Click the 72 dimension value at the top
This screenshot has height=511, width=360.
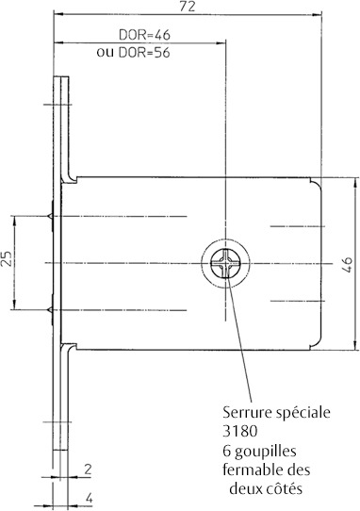point(188,7)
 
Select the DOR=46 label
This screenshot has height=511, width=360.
point(144,35)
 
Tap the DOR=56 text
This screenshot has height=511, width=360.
point(144,53)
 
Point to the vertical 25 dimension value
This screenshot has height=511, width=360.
point(8,258)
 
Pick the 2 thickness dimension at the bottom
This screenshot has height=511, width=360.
point(88,470)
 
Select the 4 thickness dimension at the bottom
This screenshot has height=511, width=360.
point(89,498)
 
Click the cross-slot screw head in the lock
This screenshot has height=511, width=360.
point(225,263)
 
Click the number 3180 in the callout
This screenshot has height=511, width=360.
point(240,431)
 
